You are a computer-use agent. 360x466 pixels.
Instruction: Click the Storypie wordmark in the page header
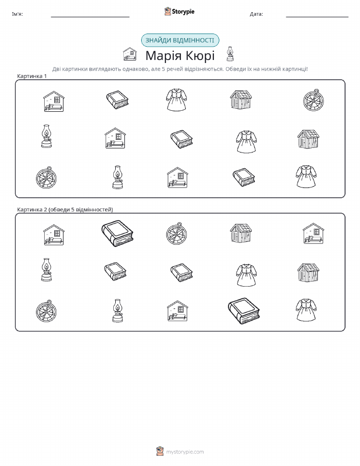pyautogui.click(x=183, y=12)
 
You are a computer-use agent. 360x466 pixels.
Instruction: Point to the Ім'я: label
pyautogui.click(x=17, y=14)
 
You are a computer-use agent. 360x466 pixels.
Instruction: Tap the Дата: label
pyautogui.click(x=256, y=14)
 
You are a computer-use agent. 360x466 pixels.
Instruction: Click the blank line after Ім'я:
pyautogui.click(x=90, y=17)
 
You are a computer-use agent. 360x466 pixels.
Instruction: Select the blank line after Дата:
pyautogui.click(x=317, y=17)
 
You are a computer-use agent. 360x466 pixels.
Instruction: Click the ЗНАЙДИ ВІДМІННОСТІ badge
pyautogui.click(x=180, y=41)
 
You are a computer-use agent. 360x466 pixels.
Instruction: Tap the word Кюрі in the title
pyautogui.click(x=200, y=55)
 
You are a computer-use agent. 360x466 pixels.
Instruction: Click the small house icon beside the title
pyautogui.click(x=130, y=54)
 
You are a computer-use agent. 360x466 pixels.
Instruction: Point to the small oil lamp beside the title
pyautogui.click(x=230, y=54)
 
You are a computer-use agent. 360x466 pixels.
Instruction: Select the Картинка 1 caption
pyautogui.click(x=32, y=76)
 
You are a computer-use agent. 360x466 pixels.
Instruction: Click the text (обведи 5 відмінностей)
pyautogui.click(x=81, y=209)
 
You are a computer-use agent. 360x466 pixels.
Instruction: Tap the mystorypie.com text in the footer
pyautogui.click(x=185, y=452)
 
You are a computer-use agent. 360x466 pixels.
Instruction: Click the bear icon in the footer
pyautogui.click(x=160, y=451)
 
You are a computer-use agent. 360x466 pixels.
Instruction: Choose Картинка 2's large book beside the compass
pyautogui.click(x=117, y=234)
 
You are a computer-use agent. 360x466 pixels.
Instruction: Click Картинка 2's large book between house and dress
pyautogui.click(x=244, y=311)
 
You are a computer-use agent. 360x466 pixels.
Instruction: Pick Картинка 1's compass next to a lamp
pyautogui.click(x=46, y=178)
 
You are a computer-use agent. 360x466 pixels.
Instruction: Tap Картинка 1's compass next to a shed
pyautogui.click(x=313, y=100)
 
